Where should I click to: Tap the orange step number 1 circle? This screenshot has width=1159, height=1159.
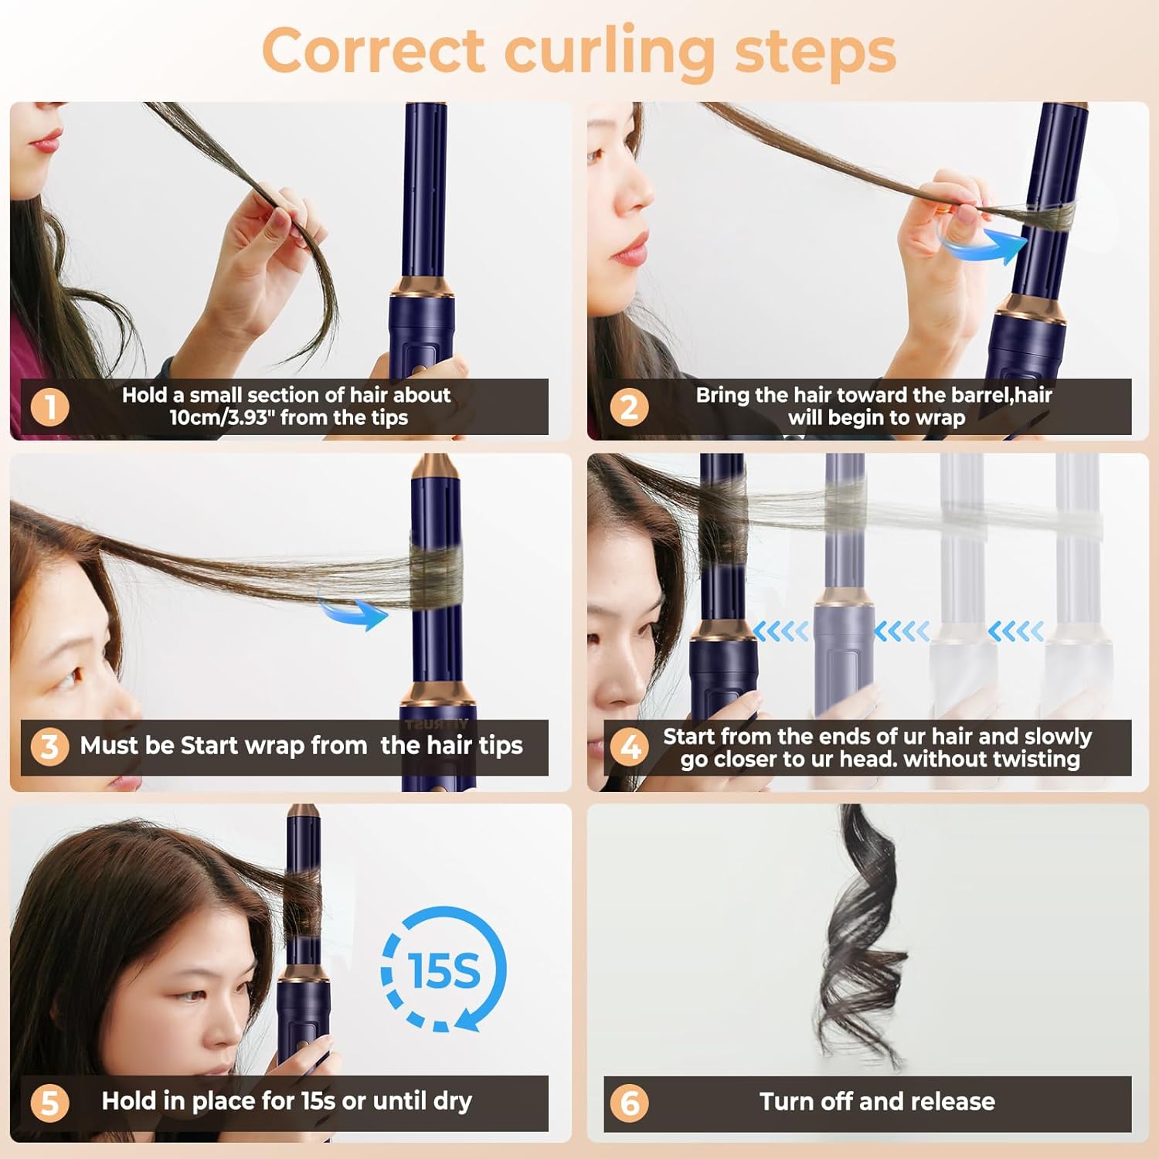50,407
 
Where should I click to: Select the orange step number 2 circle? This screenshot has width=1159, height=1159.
629,407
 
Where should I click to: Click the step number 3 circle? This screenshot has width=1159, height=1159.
49,746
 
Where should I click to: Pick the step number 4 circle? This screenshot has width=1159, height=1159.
629,747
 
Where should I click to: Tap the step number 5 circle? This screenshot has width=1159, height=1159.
49,1103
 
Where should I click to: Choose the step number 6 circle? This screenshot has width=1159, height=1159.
629,1103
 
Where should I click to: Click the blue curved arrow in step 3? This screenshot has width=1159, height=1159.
354,610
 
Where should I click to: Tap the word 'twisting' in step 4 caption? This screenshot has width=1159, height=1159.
1035,759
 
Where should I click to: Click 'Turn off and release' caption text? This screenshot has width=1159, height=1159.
877,1101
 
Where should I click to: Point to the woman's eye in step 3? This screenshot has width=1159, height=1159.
68,677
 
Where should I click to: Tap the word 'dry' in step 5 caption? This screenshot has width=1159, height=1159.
452,1101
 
